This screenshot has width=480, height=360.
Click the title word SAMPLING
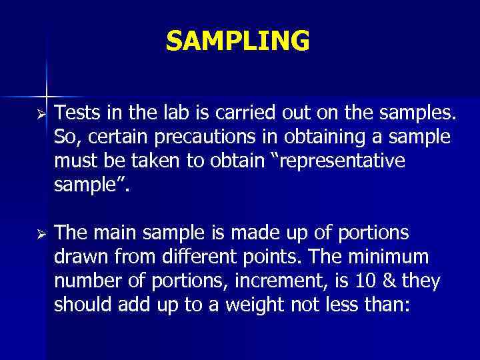238,41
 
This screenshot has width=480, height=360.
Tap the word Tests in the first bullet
75,114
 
